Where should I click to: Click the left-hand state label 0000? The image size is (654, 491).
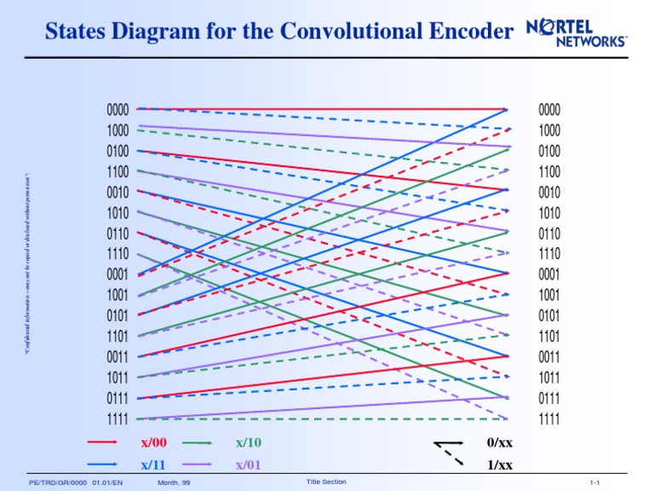tap(118, 110)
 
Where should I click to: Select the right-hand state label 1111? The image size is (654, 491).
tap(549, 419)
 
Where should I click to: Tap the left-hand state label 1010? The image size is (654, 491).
tap(118, 213)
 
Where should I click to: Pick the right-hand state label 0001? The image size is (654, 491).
tap(549, 274)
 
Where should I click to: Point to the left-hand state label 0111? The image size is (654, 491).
tap(118, 399)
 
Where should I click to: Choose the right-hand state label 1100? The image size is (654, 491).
tap(549, 171)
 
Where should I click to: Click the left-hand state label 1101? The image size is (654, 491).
tap(118, 337)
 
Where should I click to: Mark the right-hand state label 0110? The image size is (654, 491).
tap(549, 234)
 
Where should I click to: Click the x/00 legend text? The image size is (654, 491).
tap(153, 442)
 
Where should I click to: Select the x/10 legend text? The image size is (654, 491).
tap(249, 442)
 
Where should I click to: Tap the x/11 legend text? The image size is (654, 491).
tap(153, 465)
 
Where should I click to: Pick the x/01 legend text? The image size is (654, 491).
tap(249, 465)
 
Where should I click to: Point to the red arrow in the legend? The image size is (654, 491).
tap(102, 442)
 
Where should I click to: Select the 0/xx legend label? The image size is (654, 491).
tap(499, 443)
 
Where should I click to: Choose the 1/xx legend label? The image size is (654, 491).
tap(499, 465)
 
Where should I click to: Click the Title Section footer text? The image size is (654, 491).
tap(325, 482)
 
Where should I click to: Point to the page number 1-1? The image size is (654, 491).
tap(594, 483)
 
